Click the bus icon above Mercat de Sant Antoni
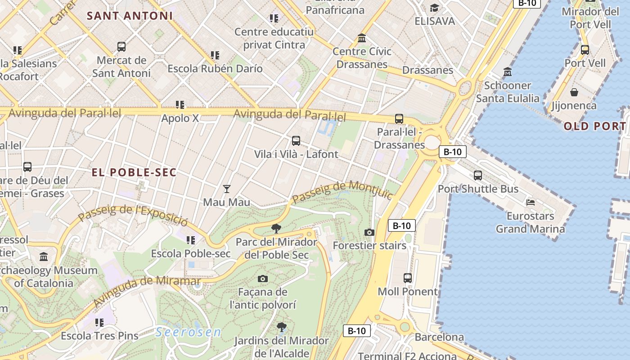click(121, 47)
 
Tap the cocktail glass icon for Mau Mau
click(227, 189)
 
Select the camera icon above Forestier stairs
click(369, 232)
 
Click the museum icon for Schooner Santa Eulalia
click(508, 72)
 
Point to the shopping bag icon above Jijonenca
click(574, 92)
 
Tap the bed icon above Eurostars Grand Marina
click(531, 202)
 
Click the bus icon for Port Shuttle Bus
click(478, 175)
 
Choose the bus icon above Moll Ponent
click(408, 278)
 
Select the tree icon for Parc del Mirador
click(276, 229)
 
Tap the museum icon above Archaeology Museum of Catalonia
click(44, 257)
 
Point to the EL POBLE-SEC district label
click(134, 172)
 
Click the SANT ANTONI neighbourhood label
click(130, 16)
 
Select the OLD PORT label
click(594, 126)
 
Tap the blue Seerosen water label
click(189, 333)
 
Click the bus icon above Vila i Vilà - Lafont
click(296, 141)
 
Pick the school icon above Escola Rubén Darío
click(215, 55)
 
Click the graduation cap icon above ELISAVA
click(434, 8)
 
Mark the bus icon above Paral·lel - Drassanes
click(399, 119)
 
